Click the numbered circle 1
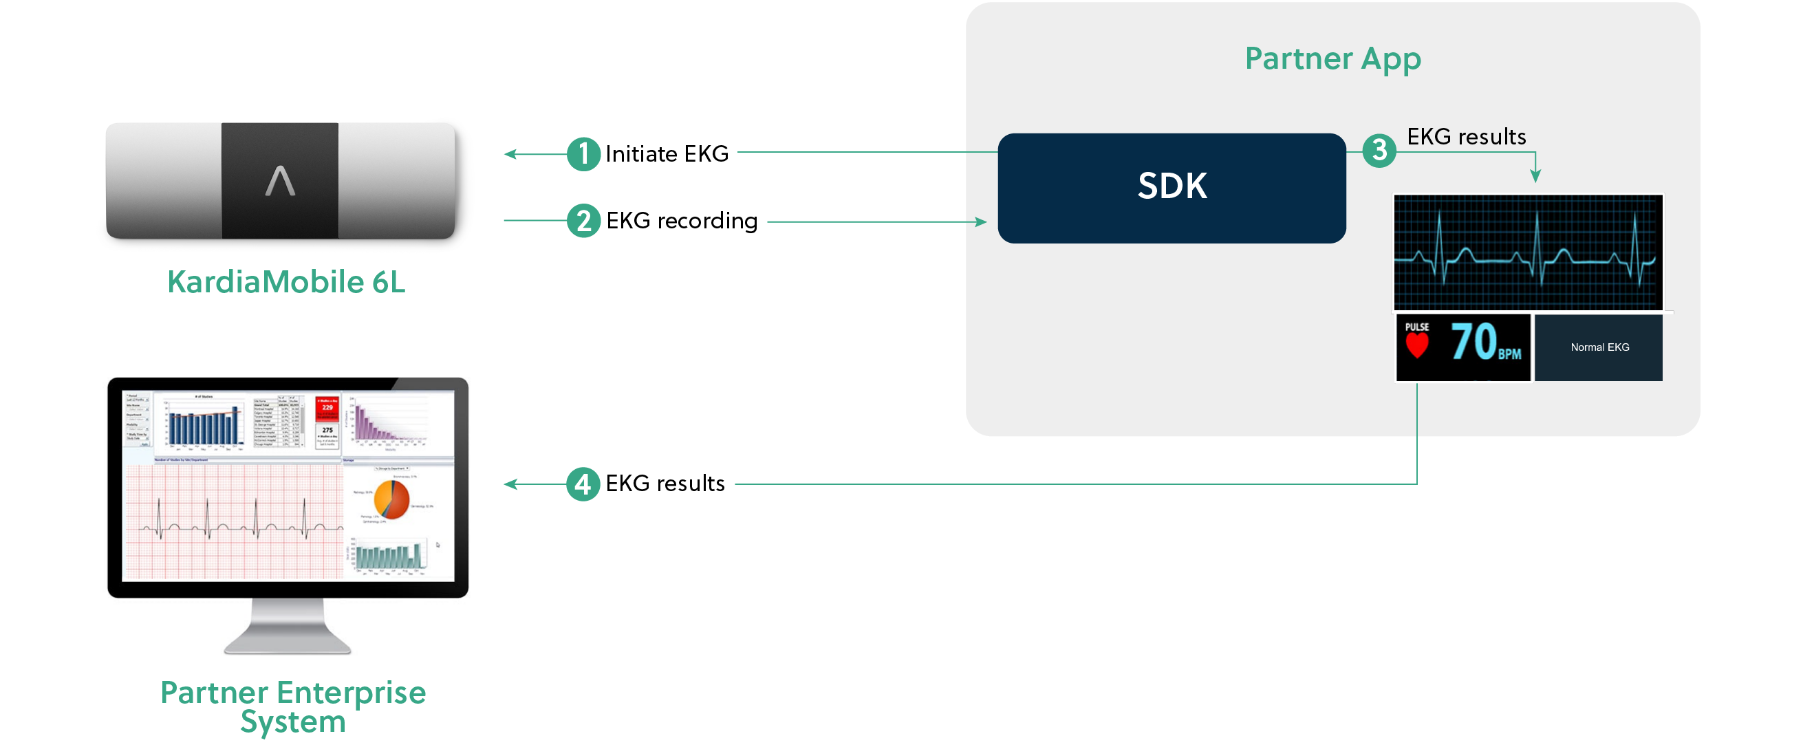coord(583,154)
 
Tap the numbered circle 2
coord(583,221)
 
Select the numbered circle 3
coord(1379,151)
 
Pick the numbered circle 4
coord(583,484)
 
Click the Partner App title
coord(1332,58)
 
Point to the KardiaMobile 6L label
coord(286,282)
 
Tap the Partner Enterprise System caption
coord(292,706)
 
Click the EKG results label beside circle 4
coord(665,484)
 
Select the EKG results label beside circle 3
coord(1467,137)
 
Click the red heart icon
coord(1417,346)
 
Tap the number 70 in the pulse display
coord(1473,343)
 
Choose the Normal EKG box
coord(1599,347)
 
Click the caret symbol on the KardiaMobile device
coord(280,181)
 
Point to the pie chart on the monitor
coord(391,499)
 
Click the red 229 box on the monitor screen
coord(327,408)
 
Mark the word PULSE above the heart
coord(1416,327)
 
